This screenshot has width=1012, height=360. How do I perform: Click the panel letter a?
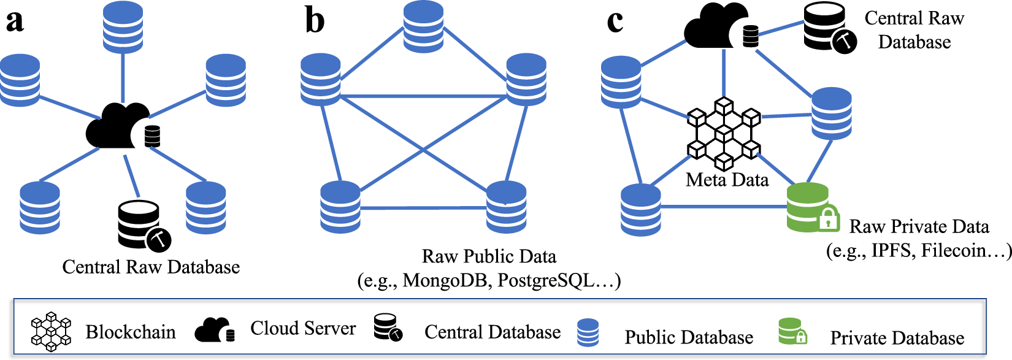(x=15, y=21)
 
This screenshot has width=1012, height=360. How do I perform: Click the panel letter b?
(x=315, y=21)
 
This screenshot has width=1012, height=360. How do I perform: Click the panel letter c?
(x=615, y=22)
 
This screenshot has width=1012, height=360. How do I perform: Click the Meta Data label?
(x=727, y=180)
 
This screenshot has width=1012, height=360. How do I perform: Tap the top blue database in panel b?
(x=424, y=26)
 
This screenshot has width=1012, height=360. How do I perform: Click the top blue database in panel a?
(x=123, y=26)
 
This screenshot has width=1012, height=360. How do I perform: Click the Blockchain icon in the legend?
(x=52, y=331)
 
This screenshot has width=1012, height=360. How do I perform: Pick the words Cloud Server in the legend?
(x=303, y=328)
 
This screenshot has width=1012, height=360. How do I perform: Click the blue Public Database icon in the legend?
(x=588, y=332)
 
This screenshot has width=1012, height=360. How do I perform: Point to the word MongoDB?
(x=447, y=280)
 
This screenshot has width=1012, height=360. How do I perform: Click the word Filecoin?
(x=954, y=250)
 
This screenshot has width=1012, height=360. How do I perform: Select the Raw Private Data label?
(x=919, y=226)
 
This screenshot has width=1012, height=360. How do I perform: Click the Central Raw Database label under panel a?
(x=151, y=267)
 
